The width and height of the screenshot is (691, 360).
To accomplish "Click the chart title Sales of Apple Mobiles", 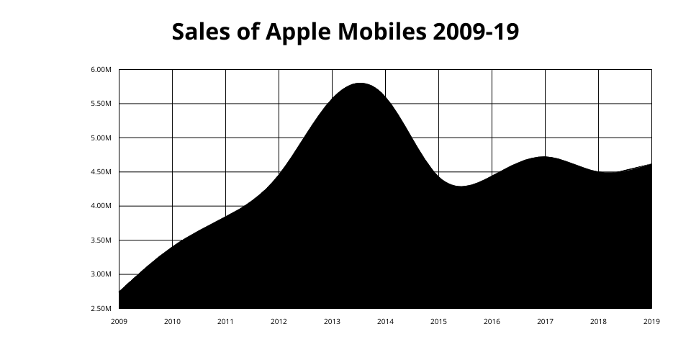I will pyautogui.click(x=345, y=32).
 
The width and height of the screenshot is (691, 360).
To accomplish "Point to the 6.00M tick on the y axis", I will pyautogui.click(x=101, y=70).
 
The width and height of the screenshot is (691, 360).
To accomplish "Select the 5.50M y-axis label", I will pyautogui.click(x=101, y=104).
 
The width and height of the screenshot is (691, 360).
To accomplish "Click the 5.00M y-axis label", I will pyautogui.click(x=101, y=138).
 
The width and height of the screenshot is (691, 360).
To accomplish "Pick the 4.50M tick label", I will pyautogui.click(x=101, y=172).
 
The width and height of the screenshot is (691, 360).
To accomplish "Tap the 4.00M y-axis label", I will pyautogui.click(x=101, y=206).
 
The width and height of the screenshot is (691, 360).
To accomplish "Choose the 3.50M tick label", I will pyautogui.click(x=101, y=240).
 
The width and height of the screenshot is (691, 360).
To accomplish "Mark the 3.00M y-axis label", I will pyautogui.click(x=101, y=274).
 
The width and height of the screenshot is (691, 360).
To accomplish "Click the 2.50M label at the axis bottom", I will pyautogui.click(x=101, y=309).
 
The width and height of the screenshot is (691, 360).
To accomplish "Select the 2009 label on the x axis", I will pyautogui.click(x=119, y=321).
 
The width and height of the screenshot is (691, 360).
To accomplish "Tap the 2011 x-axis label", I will pyautogui.click(x=225, y=321).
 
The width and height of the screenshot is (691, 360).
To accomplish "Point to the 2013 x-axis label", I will pyautogui.click(x=332, y=321).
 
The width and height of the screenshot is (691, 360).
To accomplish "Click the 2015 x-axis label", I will pyautogui.click(x=438, y=321).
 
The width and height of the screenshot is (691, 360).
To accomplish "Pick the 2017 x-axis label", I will pyautogui.click(x=545, y=321).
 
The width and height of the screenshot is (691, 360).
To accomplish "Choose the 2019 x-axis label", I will pyautogui.click(x=651, y=321).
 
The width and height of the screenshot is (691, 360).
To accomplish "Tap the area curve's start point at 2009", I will pyautogui.click(x=119, y=292).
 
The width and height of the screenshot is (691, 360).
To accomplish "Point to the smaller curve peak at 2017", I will pyautogui.click(x=544, y=157).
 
